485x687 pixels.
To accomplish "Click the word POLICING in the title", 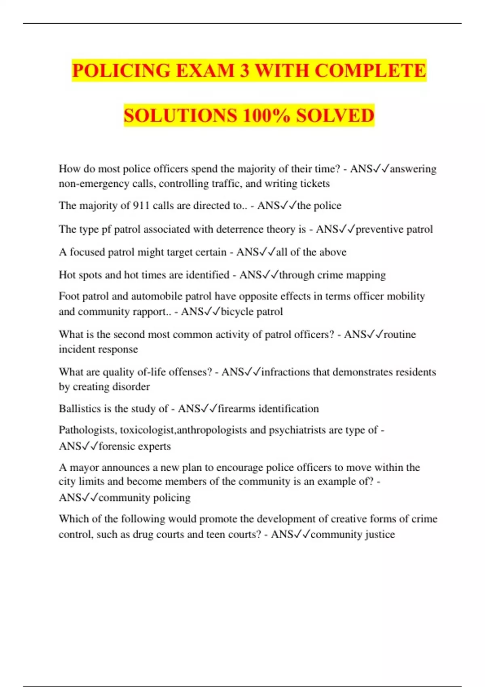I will [122, 71].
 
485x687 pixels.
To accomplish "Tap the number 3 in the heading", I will [244, 71].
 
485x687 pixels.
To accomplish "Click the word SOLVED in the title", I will [335, 116].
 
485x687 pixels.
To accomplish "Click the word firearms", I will [236, 409].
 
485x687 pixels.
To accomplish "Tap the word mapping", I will [366, 275].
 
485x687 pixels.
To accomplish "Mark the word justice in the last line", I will [380, 534].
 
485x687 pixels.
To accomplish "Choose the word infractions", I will [285, 372].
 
